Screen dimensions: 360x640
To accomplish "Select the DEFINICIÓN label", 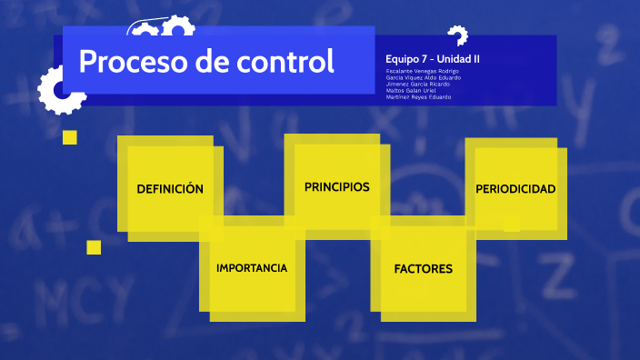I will tap(169, 189).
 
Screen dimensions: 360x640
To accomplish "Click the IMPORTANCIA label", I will tap(252, 268).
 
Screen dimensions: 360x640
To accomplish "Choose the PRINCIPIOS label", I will tap(336, 186).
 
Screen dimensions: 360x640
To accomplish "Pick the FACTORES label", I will tap(423, 269).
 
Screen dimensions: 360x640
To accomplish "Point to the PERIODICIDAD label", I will tap(515, 189).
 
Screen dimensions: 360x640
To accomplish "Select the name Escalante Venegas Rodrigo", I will tap(422, 71).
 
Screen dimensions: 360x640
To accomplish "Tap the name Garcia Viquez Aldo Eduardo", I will tap(423, 77).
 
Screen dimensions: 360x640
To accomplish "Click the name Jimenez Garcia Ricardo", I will tap(417, 84).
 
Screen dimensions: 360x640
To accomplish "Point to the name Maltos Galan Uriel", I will tap(412, 90).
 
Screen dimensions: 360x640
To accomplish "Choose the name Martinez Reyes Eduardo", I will tap(418, 96).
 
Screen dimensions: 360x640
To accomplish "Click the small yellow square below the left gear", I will tap(70, 137).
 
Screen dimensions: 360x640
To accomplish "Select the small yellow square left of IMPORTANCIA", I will tap(94, 247).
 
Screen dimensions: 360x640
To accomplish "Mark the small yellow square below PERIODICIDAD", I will tap(512, 223).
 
